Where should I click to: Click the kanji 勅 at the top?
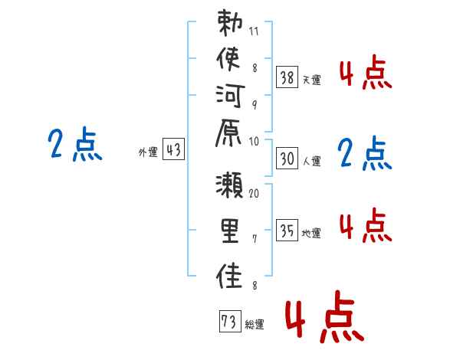[230, 23]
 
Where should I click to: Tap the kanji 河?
[230, 96]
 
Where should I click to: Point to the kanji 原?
[228, 133]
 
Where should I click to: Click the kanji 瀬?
[229, 185]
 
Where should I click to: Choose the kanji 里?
[230, 231]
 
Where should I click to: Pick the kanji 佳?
[229, 276]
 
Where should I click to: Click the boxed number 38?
[287, 77]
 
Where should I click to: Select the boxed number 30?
[287, 158]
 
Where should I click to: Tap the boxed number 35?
[287, 230]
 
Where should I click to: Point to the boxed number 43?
[174, 149]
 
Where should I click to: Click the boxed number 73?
[230, 321]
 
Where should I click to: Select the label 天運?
[312, 80]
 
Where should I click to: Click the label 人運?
[312, 161]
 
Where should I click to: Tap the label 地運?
[311, 233]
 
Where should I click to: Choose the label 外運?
[148, 152]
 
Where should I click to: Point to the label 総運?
[255, 324]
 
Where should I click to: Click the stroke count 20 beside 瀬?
[254, 193]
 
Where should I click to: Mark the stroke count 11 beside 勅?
[254, 31]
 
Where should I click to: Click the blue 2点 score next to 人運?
[365, 153]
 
